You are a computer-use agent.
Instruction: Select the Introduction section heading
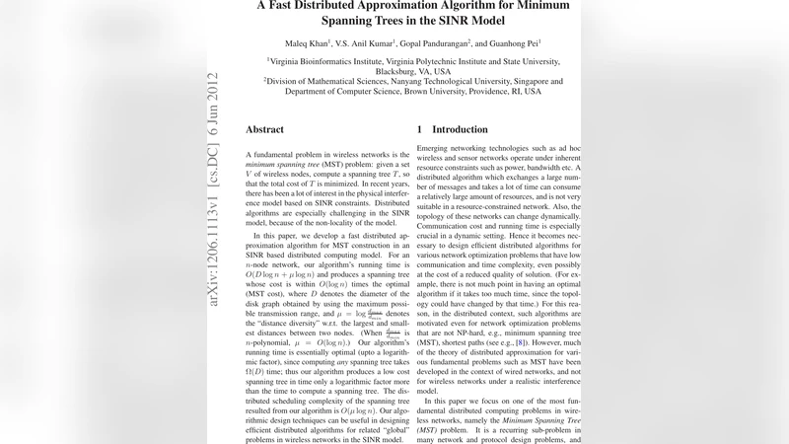click(460, 129)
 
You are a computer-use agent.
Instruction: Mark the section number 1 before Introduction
click(420, 129)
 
